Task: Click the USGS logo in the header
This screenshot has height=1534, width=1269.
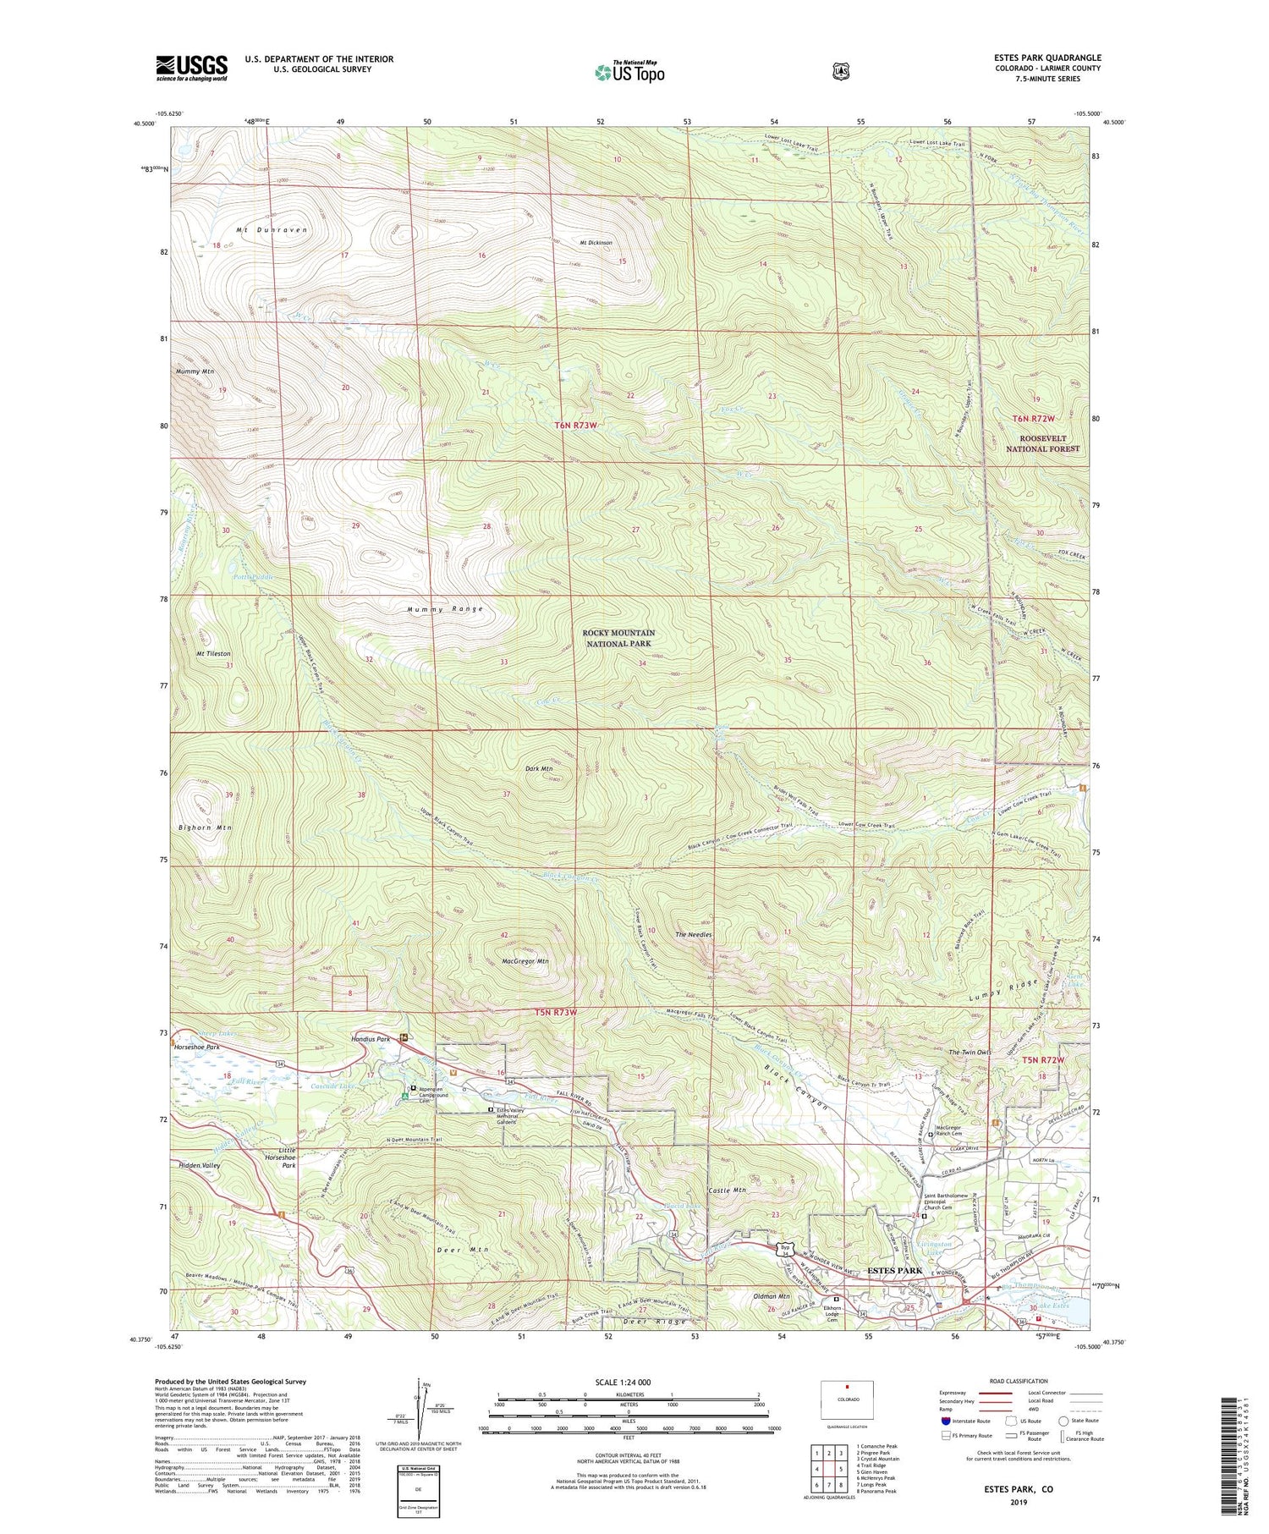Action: pyautogui.click(x=192, y=68)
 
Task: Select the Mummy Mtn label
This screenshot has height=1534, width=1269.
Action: pyautogui.click(x=195, y=371)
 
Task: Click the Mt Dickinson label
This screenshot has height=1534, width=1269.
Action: pyautogui.click(x=596, y=243)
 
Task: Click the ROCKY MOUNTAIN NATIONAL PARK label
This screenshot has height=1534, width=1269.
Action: pyautogui.click(x=618, y=638)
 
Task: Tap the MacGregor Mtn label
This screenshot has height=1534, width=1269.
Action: pyautogui.click(x=525, y=961)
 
